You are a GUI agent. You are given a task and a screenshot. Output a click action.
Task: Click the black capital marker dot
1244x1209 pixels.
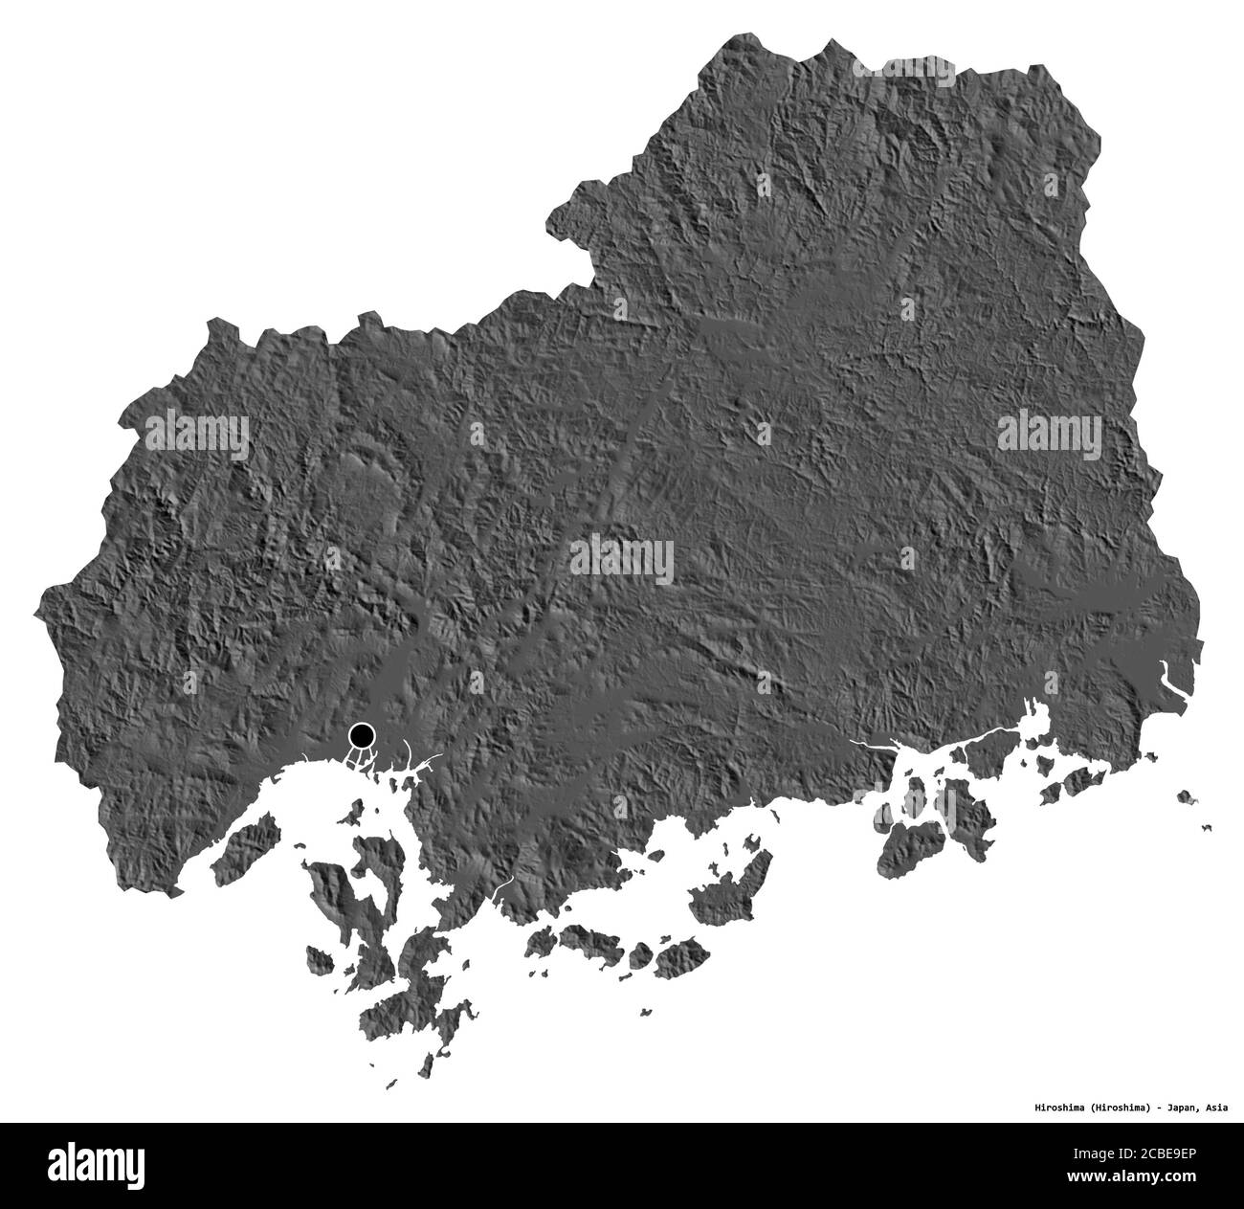tap(362, 736)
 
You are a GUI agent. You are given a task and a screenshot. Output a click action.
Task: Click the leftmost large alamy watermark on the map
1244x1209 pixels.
tap(196, 434)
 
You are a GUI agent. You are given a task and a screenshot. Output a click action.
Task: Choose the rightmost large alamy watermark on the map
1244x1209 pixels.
tap(1050, 434)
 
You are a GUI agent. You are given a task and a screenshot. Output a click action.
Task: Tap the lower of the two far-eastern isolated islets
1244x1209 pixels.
tap(1206, 828)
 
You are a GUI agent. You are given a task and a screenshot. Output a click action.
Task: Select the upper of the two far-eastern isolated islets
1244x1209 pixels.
tap(1186, 795)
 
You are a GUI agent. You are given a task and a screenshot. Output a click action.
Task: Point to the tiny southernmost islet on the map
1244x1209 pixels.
tap(390, 1085)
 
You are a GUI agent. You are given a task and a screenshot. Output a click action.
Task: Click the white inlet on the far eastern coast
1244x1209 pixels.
tap(1168, 678)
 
